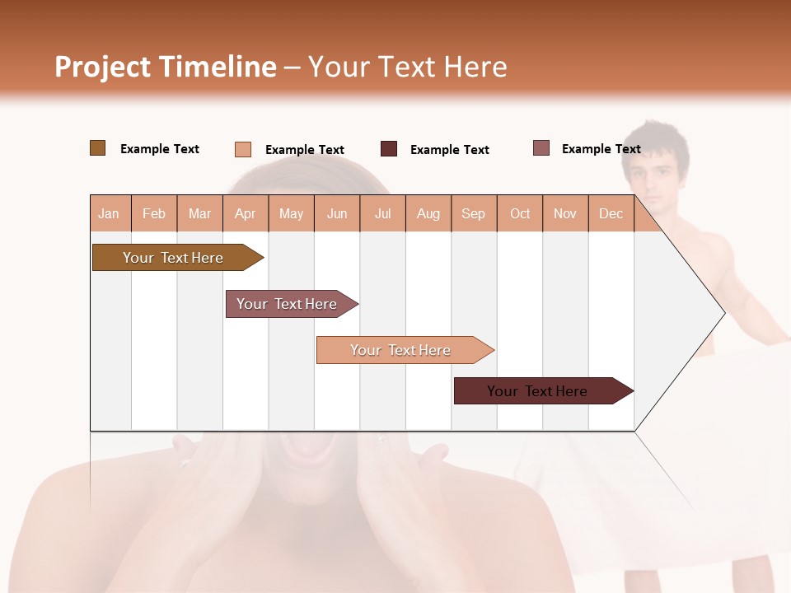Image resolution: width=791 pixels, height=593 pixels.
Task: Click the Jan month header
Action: point(109,214)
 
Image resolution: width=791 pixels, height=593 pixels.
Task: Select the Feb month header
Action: point(154,214)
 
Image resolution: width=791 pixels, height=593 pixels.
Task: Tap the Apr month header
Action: point(246,214)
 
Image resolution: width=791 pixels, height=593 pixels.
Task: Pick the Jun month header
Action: point(337,214)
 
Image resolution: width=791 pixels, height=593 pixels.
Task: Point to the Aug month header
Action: point(428,214)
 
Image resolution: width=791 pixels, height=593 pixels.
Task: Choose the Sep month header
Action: point(474,214)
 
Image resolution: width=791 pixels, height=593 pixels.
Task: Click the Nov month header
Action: point(565,214)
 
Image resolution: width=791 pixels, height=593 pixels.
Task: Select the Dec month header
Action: point(611,214)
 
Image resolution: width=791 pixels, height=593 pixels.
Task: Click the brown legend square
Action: point(98,148)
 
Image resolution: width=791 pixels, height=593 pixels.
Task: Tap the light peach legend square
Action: point(243,149)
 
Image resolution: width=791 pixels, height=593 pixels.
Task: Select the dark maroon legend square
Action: point(389,149)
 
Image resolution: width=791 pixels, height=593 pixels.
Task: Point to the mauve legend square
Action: point(541,148)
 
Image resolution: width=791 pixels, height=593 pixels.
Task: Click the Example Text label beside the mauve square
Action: point(601,149)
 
